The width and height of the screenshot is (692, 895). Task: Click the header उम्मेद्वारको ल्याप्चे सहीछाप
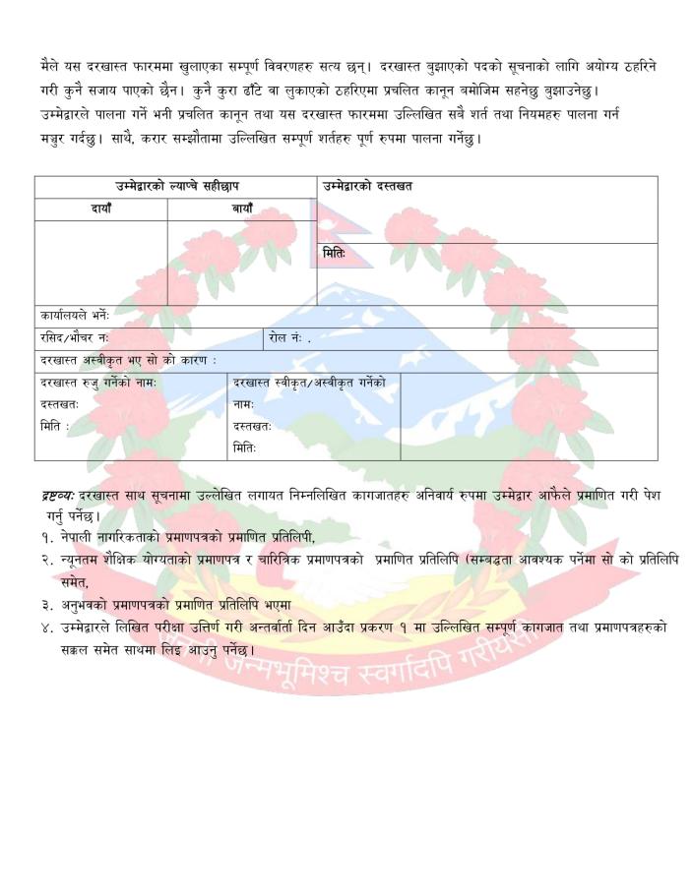(175, 187)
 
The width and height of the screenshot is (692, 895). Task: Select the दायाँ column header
(101, 209)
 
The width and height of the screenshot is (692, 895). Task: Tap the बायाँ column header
(242, 209)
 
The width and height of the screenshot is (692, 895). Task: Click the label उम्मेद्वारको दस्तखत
(367, 187)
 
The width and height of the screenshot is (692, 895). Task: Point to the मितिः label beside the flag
(335, 254)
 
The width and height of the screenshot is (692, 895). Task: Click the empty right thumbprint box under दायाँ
(101, 263)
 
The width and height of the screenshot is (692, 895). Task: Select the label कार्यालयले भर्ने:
(75, 317)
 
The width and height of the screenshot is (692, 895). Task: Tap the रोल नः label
(289, 338)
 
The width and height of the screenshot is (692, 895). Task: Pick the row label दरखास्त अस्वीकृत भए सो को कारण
(128, 361)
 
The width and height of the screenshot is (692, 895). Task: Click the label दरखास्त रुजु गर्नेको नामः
(98, 382)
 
